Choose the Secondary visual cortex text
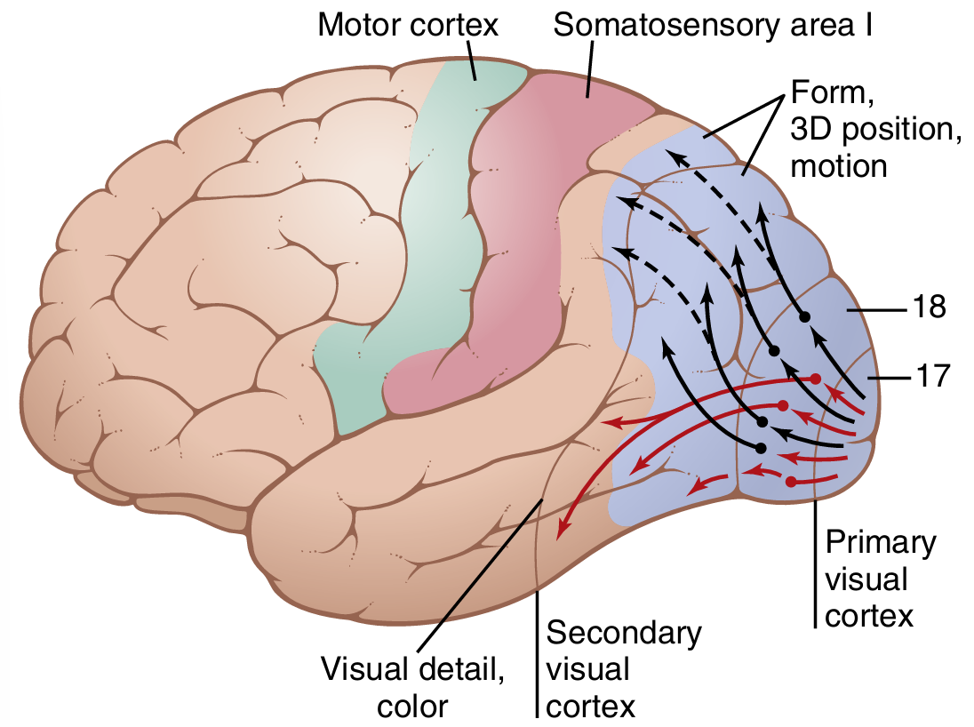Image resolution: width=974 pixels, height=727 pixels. [x=623, y=669]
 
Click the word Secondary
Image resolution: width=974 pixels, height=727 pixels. [x=623, y=633]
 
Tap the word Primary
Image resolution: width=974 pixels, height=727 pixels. [x=880, y=542]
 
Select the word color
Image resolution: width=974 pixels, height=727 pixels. [x=412, y=706]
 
